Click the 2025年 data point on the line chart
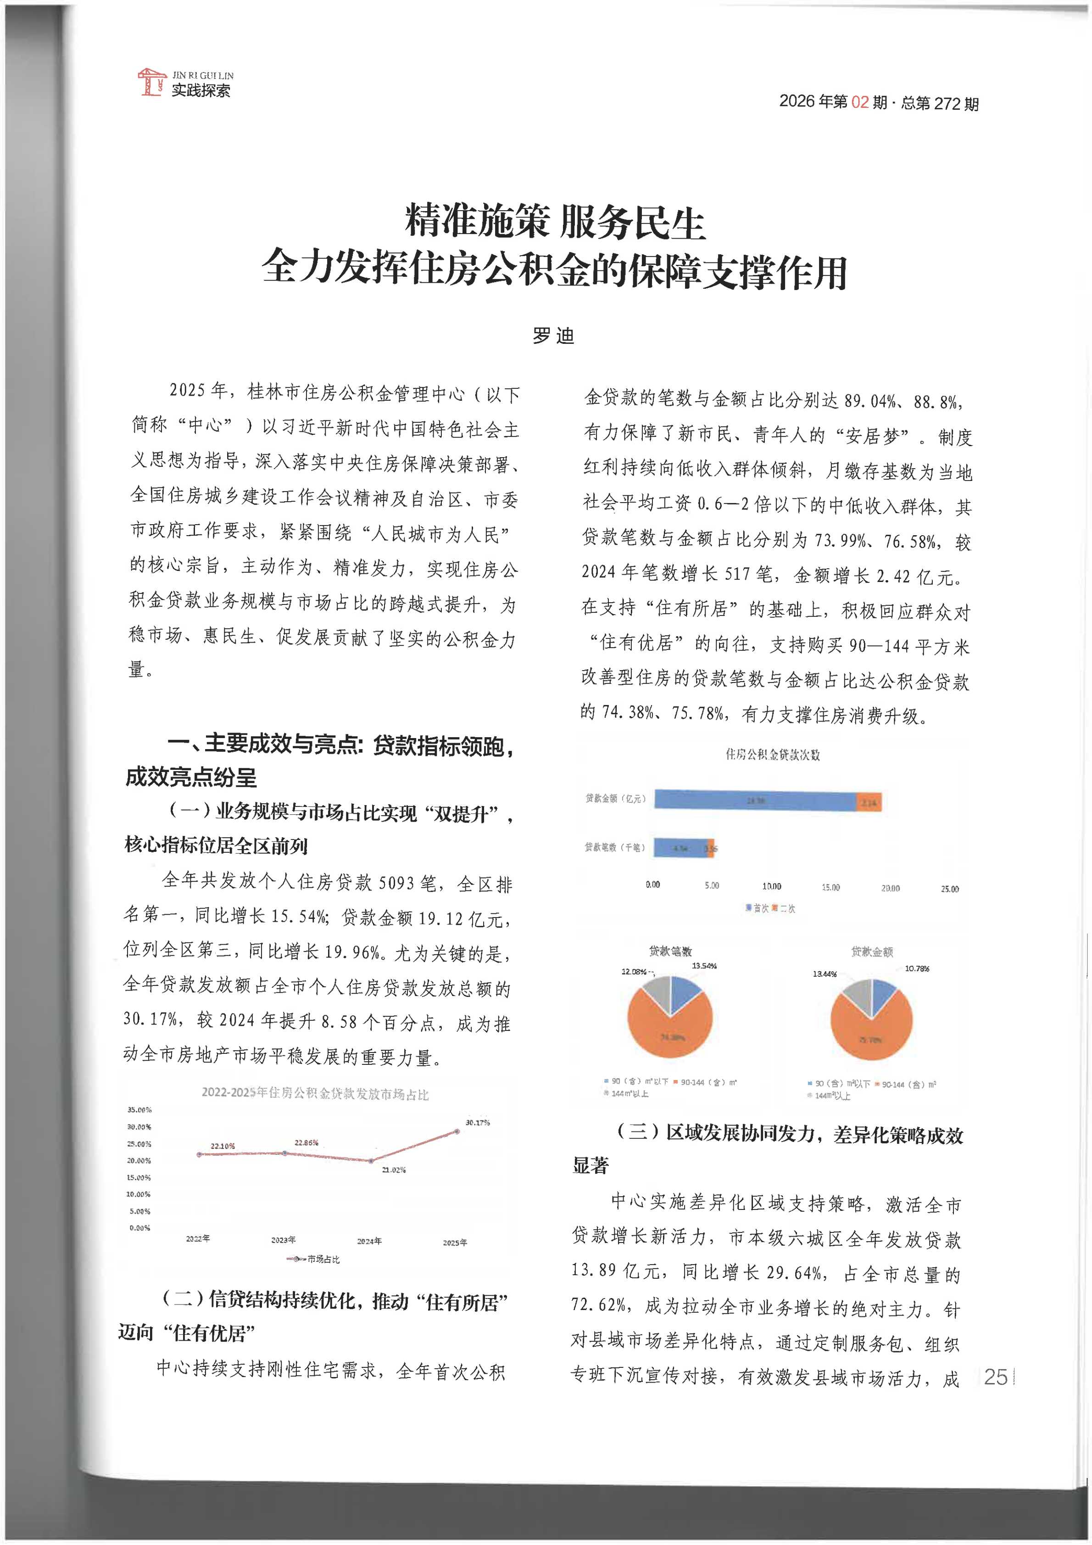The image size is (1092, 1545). pos(457,1131)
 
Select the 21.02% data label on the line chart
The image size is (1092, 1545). pos(394,1170)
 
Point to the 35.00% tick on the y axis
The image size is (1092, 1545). pos(139,1109)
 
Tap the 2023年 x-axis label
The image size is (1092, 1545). pos(283,1239)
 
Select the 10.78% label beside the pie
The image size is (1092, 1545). pos(916,968)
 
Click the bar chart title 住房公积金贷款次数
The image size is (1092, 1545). pos(772,754)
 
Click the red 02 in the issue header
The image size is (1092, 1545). pos(859,102)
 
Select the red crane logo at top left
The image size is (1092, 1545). pos(151,81)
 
